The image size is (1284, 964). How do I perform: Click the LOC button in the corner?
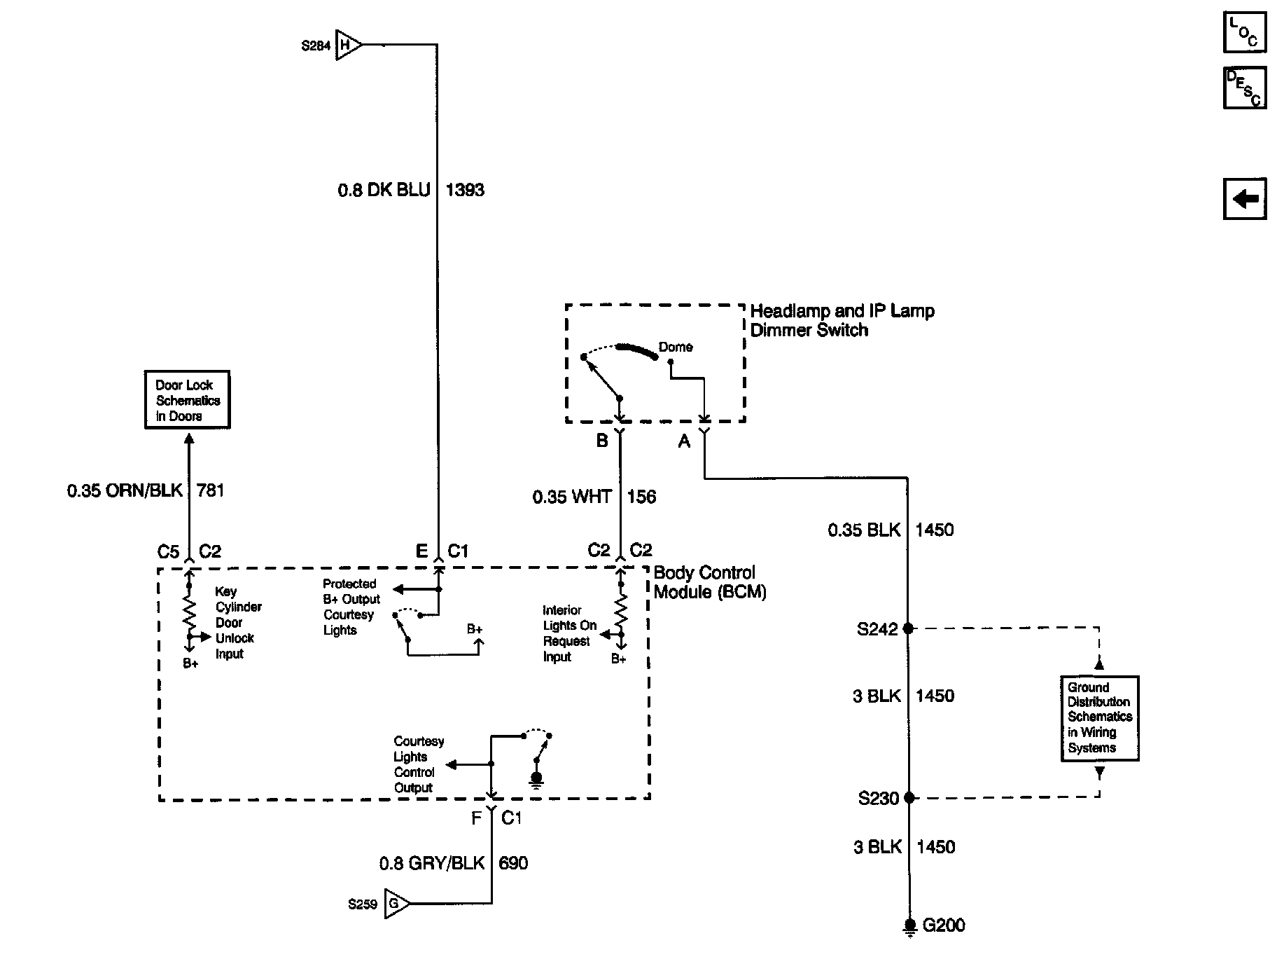[1245, 32]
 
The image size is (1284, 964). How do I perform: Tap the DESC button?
[1245, 88]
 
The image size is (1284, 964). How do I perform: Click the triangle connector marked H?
[349, 46]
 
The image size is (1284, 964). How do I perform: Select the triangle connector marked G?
[397, 904]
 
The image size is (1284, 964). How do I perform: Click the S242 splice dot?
[909, 628]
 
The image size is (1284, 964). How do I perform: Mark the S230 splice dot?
[909, 797]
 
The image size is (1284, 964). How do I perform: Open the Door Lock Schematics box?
[187, 400]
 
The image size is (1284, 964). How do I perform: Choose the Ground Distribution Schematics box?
[1099, 718]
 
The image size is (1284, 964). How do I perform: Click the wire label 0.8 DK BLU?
[384, 191]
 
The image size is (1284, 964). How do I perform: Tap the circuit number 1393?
[465, 191]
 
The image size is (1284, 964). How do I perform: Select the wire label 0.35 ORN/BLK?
[125, 490]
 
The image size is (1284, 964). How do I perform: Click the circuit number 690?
[513, 863]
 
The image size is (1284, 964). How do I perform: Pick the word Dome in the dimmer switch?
[676, 347]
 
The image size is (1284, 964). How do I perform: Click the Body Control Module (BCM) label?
[710, 582]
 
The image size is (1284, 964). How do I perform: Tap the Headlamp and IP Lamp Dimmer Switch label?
[842, 320]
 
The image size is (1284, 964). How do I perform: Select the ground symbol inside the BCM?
[537, 779]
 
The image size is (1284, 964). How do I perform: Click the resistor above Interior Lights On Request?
[620, 613]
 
